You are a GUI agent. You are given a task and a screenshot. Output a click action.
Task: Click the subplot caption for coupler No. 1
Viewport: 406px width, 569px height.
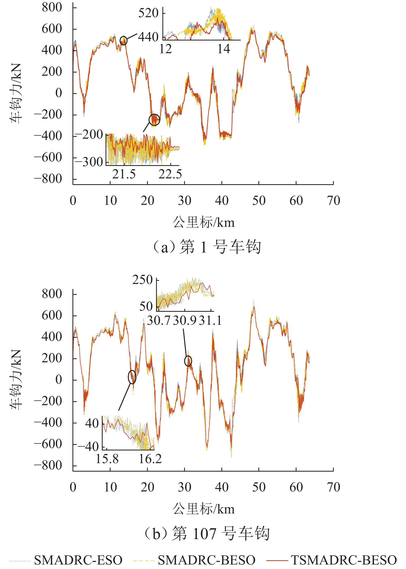tap(207, 247)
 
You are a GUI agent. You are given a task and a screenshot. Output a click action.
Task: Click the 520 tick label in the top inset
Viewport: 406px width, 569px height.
tap(148, 13)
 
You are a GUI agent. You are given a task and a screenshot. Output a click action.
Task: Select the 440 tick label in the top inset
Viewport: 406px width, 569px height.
tap(148, 37)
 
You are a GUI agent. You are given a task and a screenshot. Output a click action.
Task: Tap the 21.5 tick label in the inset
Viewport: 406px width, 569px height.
tap(124, 174)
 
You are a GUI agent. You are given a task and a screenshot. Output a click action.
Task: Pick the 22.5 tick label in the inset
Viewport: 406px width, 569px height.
tap(170, 174)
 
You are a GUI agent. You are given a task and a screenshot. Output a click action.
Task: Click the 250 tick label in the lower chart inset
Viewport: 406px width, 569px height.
tap(143, 280)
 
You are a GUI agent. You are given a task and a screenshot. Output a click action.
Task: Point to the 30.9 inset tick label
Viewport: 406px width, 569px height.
tap(185, 320)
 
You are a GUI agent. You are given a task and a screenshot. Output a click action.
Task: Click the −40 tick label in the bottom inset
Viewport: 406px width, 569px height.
tap(88, 447)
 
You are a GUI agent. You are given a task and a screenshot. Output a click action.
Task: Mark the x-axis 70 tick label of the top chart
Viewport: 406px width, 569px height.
tap(333, 201)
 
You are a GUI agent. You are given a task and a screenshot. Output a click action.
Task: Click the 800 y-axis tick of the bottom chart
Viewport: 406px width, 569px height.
tap(52, 294)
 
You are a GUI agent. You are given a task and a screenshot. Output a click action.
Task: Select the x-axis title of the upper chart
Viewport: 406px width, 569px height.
tap(203, 222)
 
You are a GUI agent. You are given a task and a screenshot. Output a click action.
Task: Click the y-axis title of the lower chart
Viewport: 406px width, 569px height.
tap(16, 380)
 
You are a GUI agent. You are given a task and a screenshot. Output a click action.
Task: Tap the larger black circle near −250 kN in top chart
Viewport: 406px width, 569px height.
tap(154, 120)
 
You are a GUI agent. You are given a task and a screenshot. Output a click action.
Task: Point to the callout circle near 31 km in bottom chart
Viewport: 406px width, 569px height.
tap(188, 361)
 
